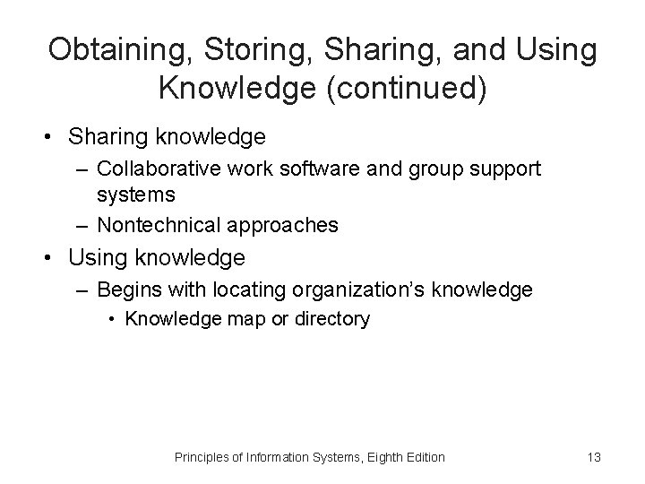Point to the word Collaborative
pos(149,168)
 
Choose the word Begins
pos(125,290)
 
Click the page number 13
pos(594,457)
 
